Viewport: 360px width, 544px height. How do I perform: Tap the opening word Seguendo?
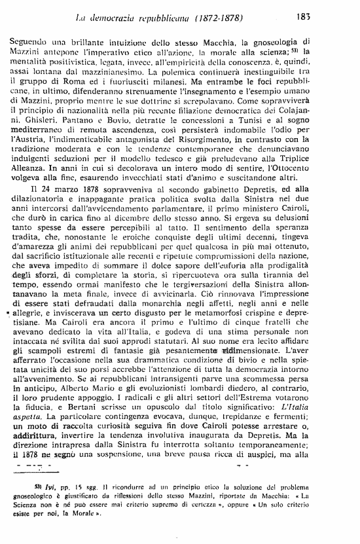32,41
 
